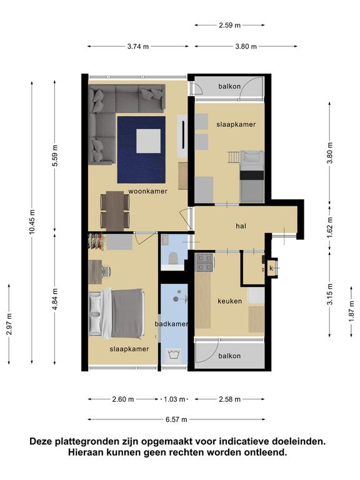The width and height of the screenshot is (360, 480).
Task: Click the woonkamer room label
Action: (x=147, y=191)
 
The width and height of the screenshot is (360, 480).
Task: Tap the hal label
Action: (x=241, y=226)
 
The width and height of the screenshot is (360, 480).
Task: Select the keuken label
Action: (x=229, y=301)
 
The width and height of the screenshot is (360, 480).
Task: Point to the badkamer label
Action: (x=171, y=324)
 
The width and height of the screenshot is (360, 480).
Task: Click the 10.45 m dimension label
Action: (x=32, y=222)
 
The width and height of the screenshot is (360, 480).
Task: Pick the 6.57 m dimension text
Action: (x=176, y=419)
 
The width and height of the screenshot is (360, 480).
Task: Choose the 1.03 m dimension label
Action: (x=174, y=399)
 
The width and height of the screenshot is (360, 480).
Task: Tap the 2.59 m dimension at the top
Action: (x=229, y=25)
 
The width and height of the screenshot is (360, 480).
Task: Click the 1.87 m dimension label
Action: (x=352, y=311)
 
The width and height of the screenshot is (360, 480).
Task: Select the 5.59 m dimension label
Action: (x=55, y=156)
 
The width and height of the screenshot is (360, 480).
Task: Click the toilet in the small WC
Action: (x=173, y=258)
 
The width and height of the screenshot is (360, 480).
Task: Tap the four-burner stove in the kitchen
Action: (x=204, y=262)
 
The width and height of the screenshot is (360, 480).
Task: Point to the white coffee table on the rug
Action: (x=149, y=141)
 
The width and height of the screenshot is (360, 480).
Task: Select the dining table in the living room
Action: (x=115, y=211)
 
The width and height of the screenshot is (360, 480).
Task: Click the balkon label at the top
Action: (x=229, y=86)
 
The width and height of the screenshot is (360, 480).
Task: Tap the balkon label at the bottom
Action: (x=229, y=356)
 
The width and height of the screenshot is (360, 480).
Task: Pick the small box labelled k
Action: (x=271, y=269)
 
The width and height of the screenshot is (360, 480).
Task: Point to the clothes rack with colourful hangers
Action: (x=95, y=241)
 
